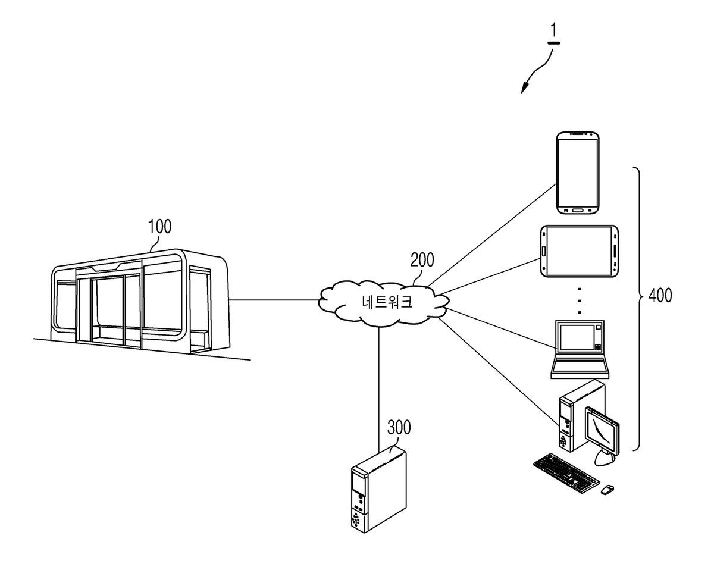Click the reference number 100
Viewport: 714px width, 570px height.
coord(159,226)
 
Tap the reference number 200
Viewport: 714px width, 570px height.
coord(422,260)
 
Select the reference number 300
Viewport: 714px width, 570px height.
coord(399,427)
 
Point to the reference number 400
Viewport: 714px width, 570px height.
coord(660,295)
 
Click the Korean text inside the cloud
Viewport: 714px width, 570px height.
coord(387,302)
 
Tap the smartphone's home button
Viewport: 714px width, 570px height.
coord(578,211)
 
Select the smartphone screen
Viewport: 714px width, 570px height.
coord(578,173)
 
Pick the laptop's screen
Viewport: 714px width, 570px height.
coord(577,337)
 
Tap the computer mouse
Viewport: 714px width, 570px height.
coord(607,490)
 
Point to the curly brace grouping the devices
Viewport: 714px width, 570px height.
coord(637,309)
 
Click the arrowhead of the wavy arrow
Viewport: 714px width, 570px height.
coord(525,89)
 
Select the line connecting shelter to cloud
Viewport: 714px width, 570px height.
coord(274,300)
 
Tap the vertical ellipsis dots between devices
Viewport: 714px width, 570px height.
coord(580,301)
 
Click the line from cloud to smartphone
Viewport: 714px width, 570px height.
coord(492,235)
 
